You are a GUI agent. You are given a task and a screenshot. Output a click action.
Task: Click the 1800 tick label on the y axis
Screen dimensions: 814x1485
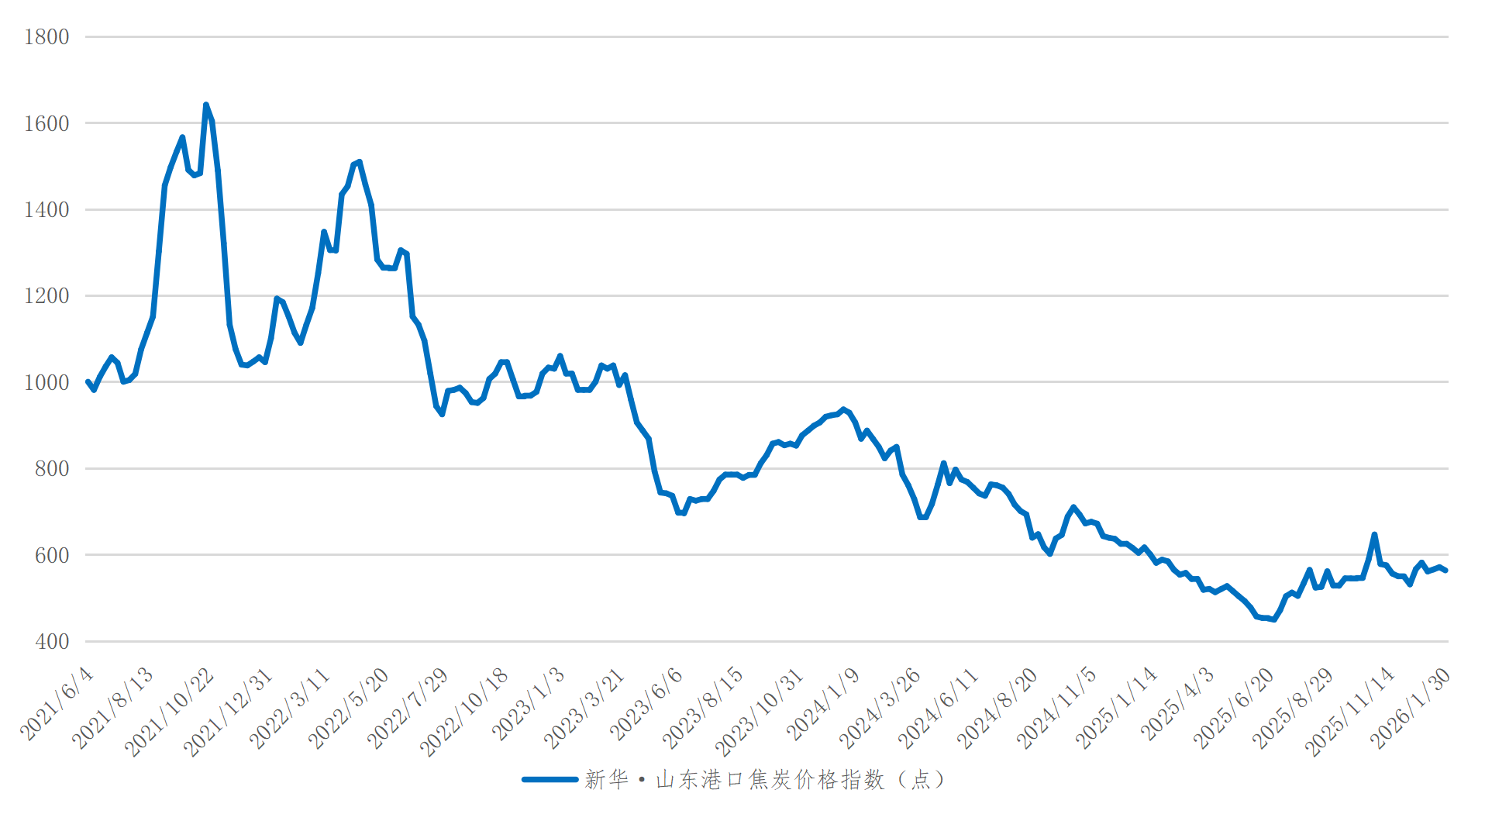coord(47,37)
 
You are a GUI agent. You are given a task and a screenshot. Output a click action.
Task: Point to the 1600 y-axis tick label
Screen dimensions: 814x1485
coord(47,123)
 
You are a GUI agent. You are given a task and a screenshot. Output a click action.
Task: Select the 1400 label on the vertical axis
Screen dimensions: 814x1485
coord(47,210)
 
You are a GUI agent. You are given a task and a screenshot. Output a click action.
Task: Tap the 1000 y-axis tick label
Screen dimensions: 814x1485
coord(47,383)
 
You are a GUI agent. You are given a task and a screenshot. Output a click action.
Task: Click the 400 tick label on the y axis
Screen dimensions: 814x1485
coord(52,642)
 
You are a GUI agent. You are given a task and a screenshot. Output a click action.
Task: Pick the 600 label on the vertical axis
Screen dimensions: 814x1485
coord(52,556)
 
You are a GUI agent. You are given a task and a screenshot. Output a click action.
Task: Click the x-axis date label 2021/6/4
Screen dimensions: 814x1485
coord(57,703)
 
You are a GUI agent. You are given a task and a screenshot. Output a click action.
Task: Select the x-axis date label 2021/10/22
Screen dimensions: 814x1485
coord(170,712)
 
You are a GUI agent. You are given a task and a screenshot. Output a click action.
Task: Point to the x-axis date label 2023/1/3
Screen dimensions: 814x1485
coord(529,703)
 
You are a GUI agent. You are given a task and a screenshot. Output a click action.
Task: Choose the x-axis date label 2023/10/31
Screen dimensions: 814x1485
coord(760,712)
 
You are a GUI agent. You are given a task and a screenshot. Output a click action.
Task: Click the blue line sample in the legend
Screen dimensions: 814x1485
coord(550,780)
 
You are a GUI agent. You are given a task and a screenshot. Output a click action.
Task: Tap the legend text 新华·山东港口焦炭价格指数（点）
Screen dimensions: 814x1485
coord(764,780)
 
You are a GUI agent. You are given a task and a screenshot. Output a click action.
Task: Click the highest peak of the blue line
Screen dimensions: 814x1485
coord(205,105)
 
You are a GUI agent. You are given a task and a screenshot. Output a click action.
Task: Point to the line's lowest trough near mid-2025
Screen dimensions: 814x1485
coord(1273,619)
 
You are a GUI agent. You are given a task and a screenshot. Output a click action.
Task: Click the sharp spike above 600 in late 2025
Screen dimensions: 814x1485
coord(1374,534)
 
